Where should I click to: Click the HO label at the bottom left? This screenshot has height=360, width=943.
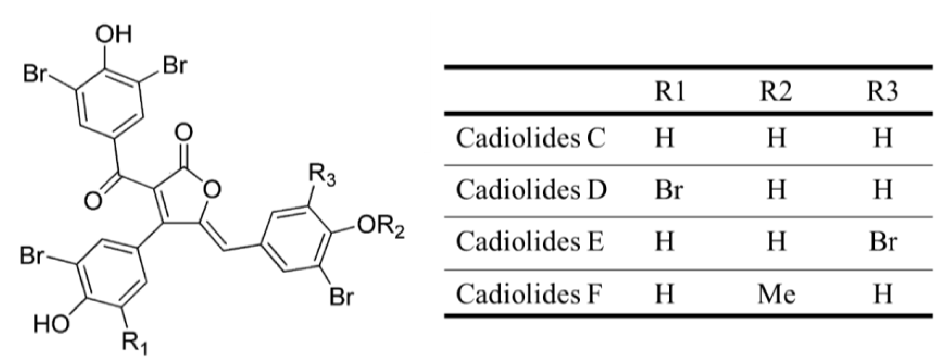(52, 325)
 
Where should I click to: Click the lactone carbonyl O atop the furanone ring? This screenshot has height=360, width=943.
(184, 132)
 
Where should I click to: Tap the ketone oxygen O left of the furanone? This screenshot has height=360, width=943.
(93, 201)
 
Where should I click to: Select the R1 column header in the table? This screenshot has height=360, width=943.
(670, 91)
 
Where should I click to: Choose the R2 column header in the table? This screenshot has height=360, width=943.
(776, 91)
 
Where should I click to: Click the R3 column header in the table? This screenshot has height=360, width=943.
(882, 91)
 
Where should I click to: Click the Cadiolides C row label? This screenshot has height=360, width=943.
(530, 139)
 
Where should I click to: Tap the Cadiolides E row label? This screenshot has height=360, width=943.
(530, 242)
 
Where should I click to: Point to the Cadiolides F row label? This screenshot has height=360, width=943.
(529, 294)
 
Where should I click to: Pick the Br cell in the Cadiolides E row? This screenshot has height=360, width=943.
(883, 242)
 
